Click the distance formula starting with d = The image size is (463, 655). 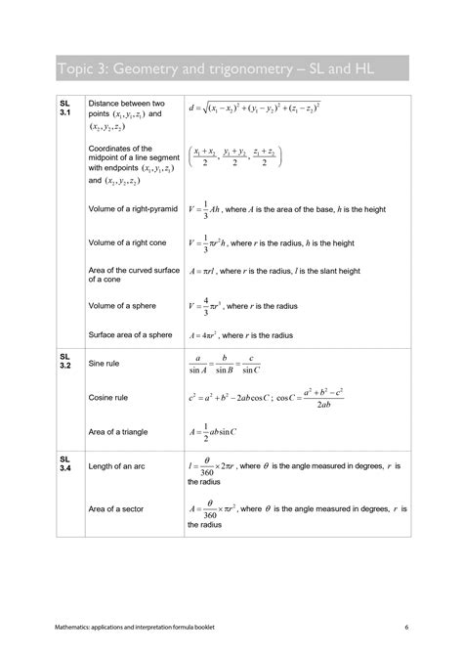(265, 107)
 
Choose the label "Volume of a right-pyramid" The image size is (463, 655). (132, 207)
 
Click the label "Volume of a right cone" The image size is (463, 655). (127, 242)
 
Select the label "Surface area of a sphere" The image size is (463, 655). (131, 335)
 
